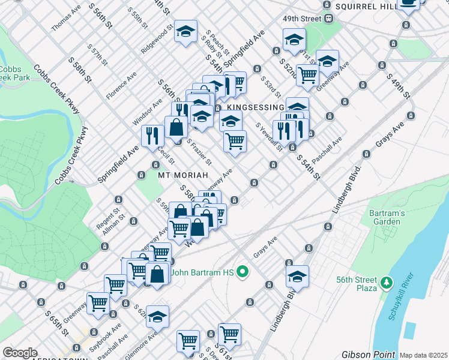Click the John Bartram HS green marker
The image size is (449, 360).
(x=243, y=273)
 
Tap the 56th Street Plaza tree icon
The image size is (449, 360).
(x=388, y=281)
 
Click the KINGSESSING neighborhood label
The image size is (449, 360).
(x=255, y=107)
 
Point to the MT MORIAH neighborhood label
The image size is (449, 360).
(x=182, y=175)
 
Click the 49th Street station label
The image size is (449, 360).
(x=303, y=19)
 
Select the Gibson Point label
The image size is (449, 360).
(x=369, y=355)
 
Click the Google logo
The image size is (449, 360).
(x=19, y=353)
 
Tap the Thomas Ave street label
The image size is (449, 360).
(x=66, y=20)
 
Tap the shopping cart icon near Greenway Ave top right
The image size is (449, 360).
(x=307, y=75)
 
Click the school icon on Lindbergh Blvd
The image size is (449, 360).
(x=297, y=277)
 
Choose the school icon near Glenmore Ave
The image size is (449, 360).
(x=157, y=316)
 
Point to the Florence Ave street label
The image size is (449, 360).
(x=121, y=86)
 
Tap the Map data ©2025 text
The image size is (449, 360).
(x=424, y=355)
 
